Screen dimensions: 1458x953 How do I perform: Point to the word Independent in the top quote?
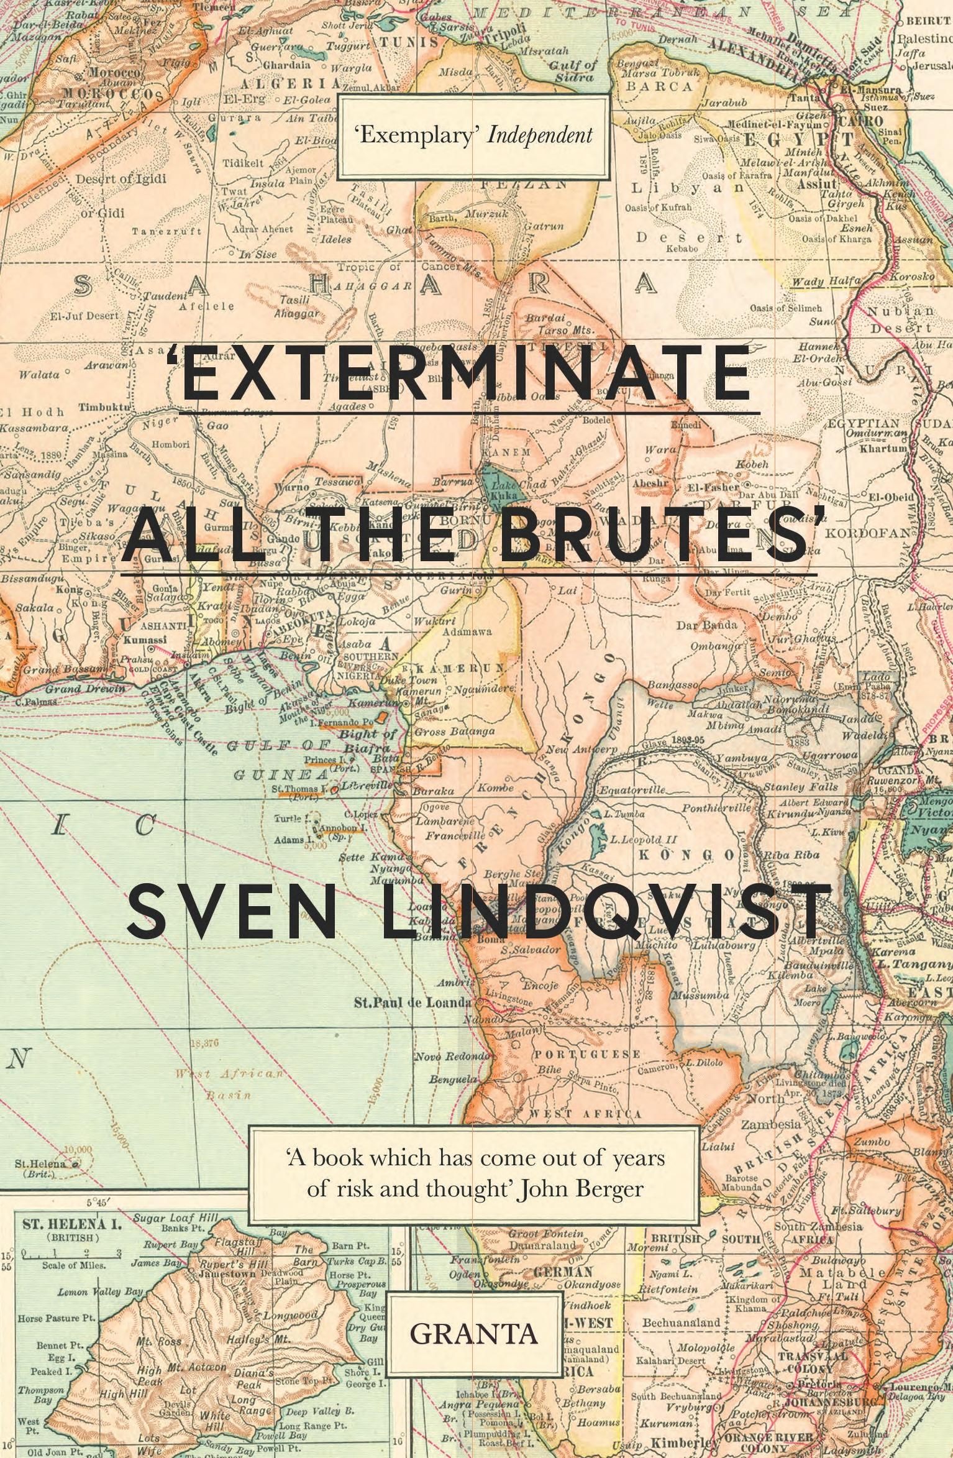539,135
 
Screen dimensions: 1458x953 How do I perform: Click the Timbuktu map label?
104,408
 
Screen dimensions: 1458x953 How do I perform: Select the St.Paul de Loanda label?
412,1001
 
